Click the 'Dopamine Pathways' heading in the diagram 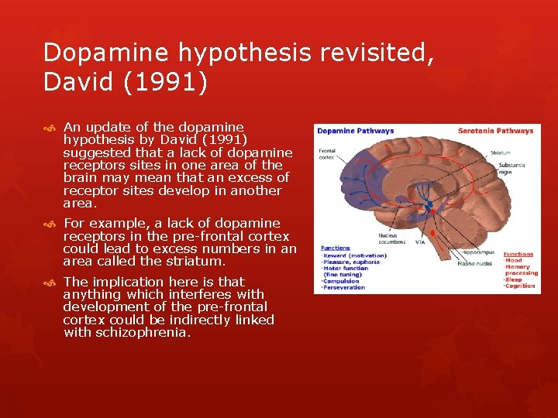tap(355, 131)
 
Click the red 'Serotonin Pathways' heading tap(496, 131)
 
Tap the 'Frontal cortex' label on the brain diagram tap(325, 153)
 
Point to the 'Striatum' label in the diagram tap(501, 152)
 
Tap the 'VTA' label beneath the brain tap(419, 242)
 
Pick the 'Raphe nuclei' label tap(474, 263)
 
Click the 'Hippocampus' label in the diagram tap(478, 252)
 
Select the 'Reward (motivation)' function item tap(354, 255)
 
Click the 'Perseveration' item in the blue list tap(344, 287)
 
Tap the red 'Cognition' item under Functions tap(520, 286)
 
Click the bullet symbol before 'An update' tap(50, 127)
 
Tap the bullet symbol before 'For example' tap(50, 224)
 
